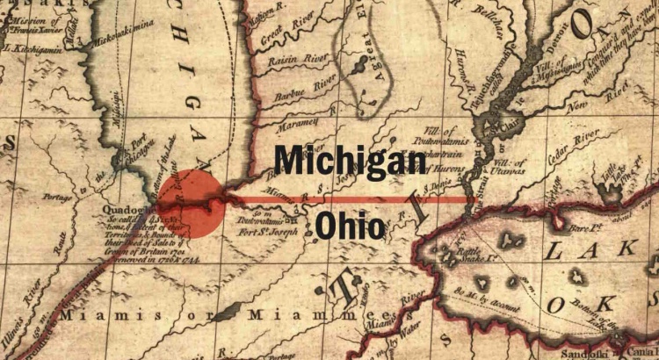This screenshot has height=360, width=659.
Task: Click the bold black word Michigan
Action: pyautogui.click(x=350, y=162)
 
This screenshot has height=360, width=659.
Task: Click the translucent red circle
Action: pyautogui.click(x=191, y=205)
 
